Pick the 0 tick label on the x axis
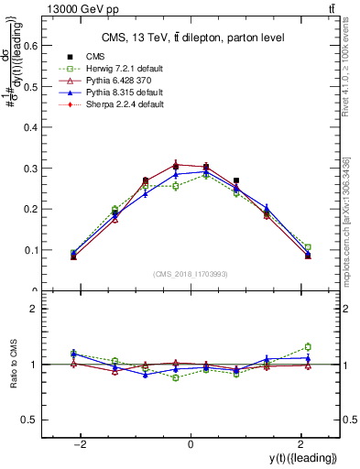(x=191, y=443)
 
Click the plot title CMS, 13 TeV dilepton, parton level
(x=190, y=37)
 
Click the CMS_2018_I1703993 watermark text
(x=190, y=275)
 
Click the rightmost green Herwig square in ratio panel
(x=308, y=347)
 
